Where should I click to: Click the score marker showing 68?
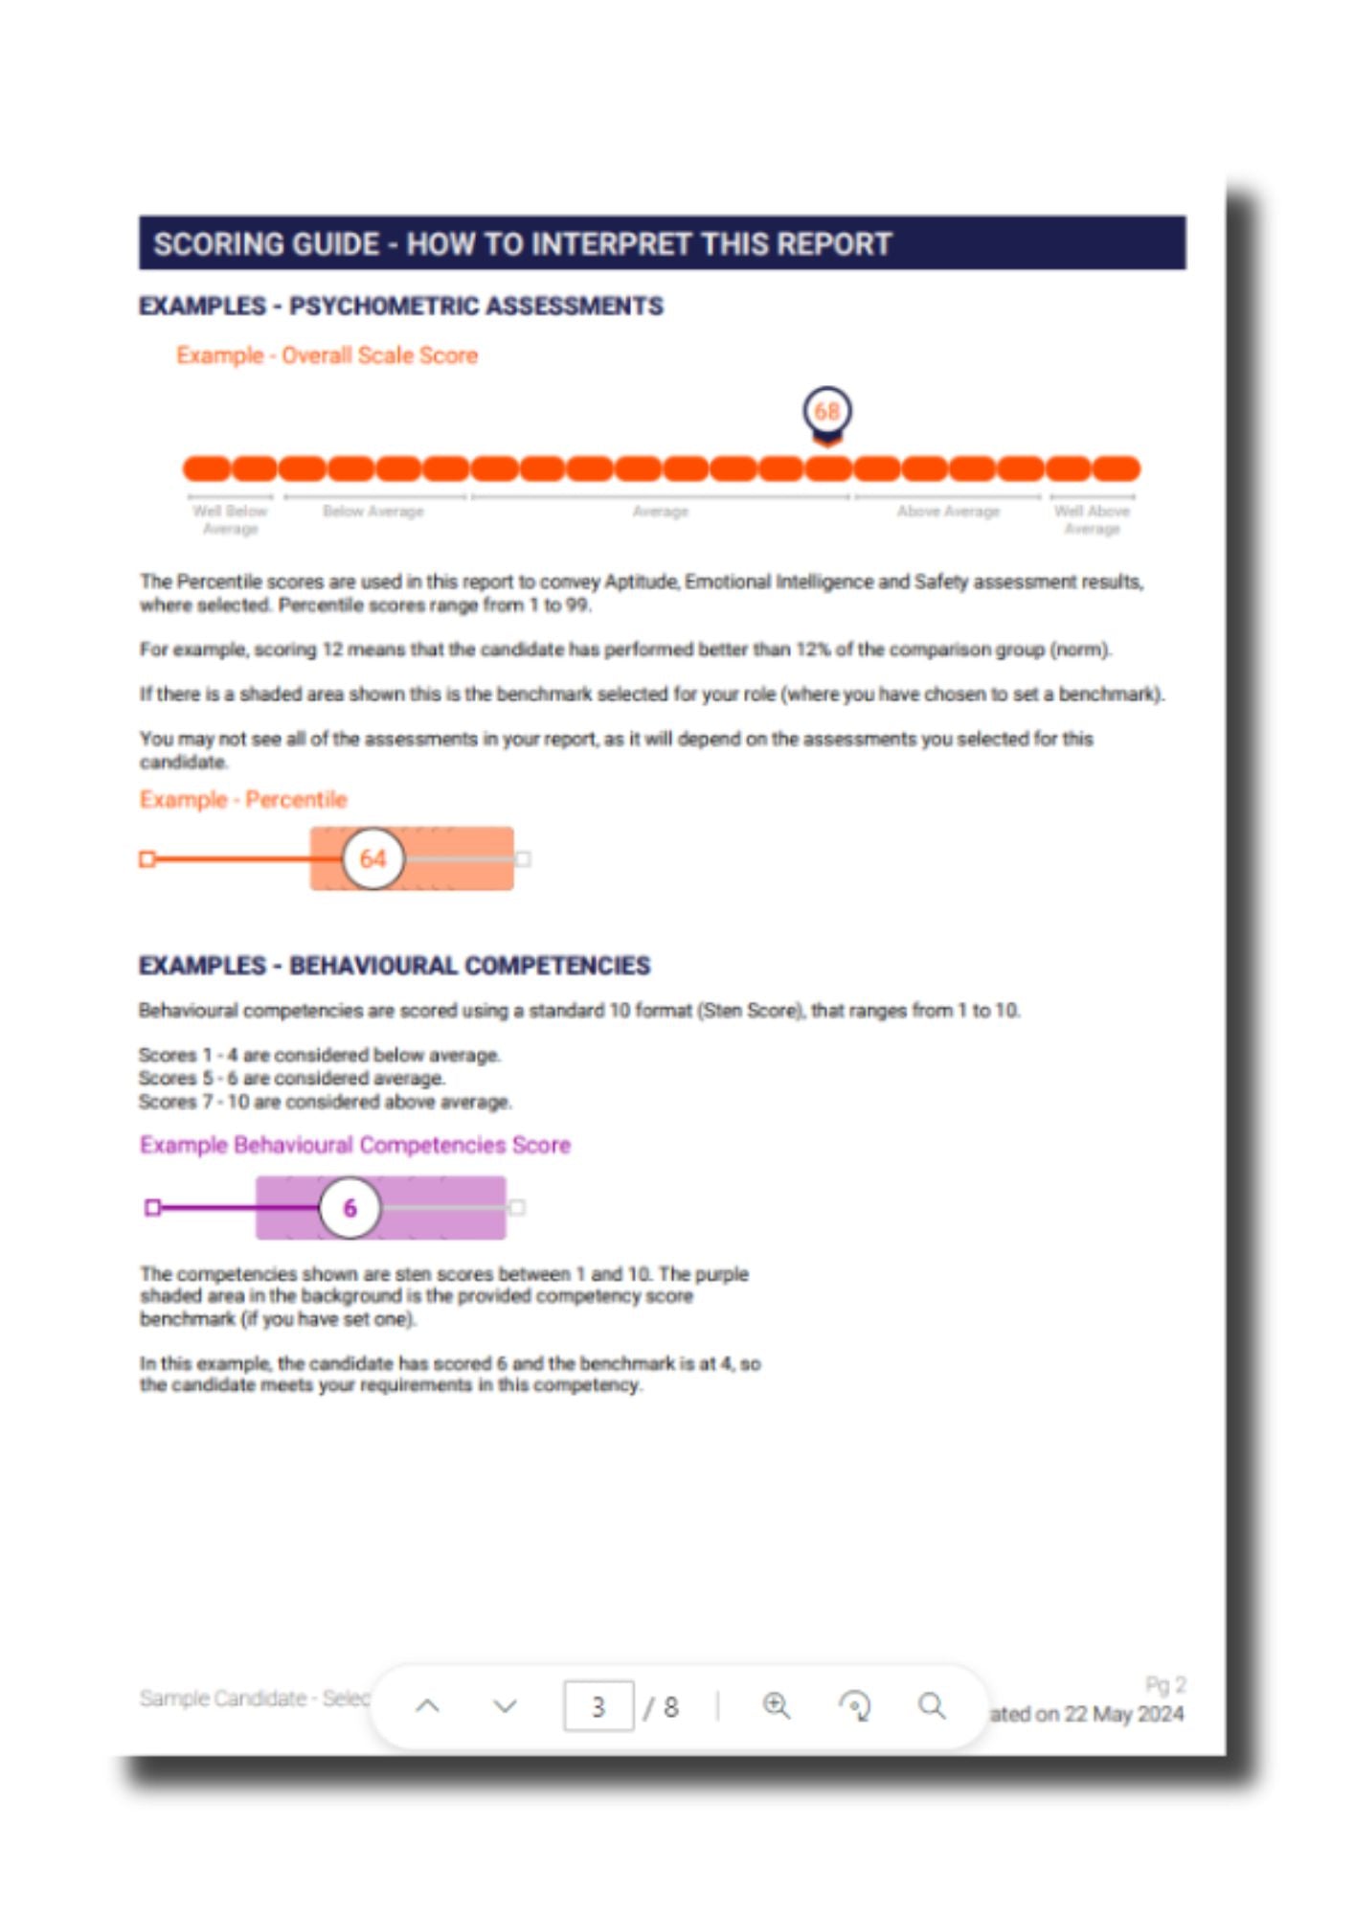tap(826, 412)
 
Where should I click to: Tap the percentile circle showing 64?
tap(372, 858)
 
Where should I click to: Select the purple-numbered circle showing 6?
tap(350, 1207)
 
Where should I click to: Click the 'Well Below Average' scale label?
tap(230, 519)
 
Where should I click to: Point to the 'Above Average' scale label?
tap(947, 512)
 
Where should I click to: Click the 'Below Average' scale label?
tap(372, 512)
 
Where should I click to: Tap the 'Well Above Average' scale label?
tap(1092, 519)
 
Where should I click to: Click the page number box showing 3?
tap(598, 1706)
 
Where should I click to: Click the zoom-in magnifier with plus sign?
tap(776, 1705)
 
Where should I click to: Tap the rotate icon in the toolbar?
tap(854, 1705)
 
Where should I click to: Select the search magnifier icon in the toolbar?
tap(932, 1705)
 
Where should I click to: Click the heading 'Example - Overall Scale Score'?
tap(327, 355)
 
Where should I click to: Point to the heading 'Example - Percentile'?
tap(243, 799)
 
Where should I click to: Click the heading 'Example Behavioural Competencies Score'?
tap(354, 1145)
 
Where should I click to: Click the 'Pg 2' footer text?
tap(1165, 1684)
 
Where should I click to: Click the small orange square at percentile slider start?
tap(147, 858)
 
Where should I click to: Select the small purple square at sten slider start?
tap(152, 1207)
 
